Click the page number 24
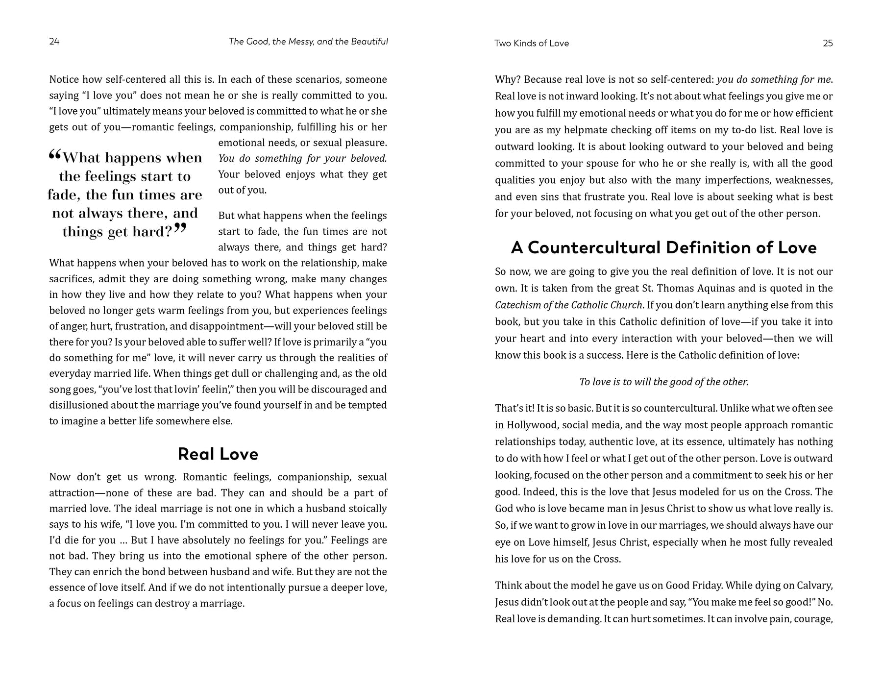54,42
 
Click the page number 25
828,43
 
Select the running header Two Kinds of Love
532,43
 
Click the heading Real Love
218,454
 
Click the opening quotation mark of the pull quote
54,156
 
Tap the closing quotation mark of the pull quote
180,228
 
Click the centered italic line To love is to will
663,382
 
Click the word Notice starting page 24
64,79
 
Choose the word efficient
811,113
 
